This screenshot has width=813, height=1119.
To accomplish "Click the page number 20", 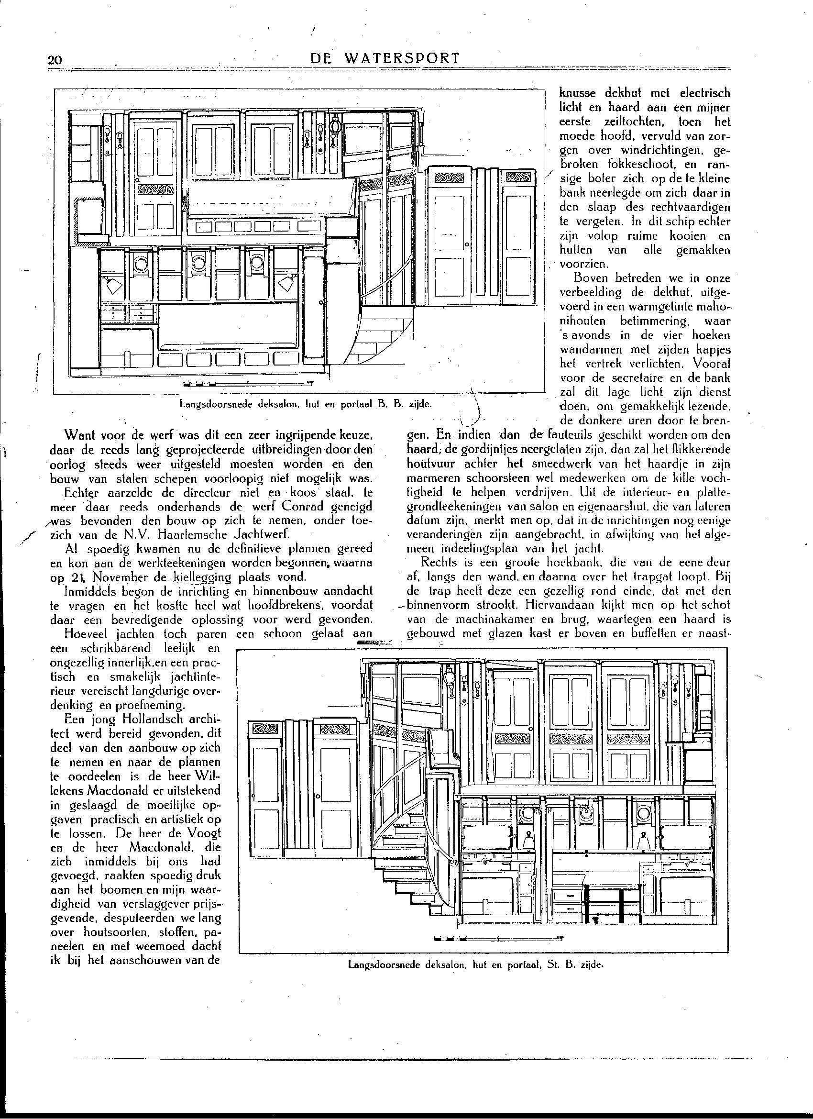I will (54, 60).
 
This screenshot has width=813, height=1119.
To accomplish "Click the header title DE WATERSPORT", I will (385, 58).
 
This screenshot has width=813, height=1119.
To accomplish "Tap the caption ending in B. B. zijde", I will (306, 404).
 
